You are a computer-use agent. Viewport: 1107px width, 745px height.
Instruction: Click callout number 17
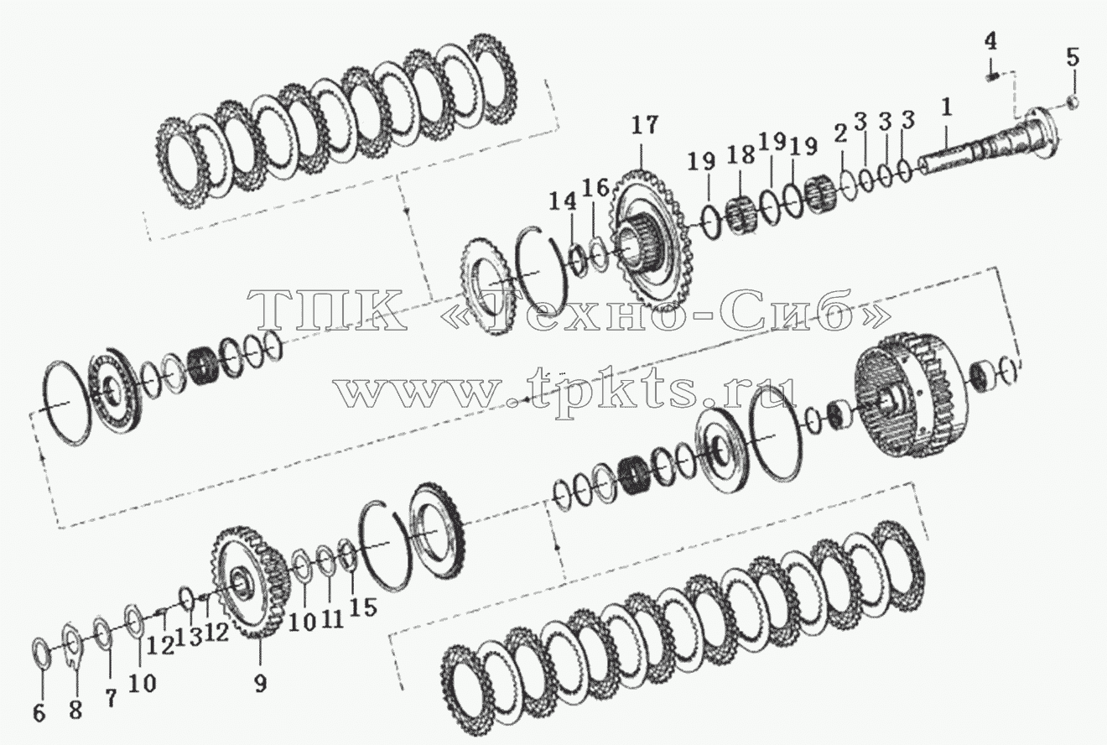645,126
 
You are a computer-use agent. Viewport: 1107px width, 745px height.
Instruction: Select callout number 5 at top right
1072,58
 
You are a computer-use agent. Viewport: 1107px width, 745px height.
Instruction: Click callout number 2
840,133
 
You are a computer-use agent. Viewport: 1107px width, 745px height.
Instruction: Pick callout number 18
741,155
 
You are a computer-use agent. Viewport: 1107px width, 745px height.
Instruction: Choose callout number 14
564,201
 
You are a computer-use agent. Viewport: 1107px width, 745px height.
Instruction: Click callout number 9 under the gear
260,683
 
